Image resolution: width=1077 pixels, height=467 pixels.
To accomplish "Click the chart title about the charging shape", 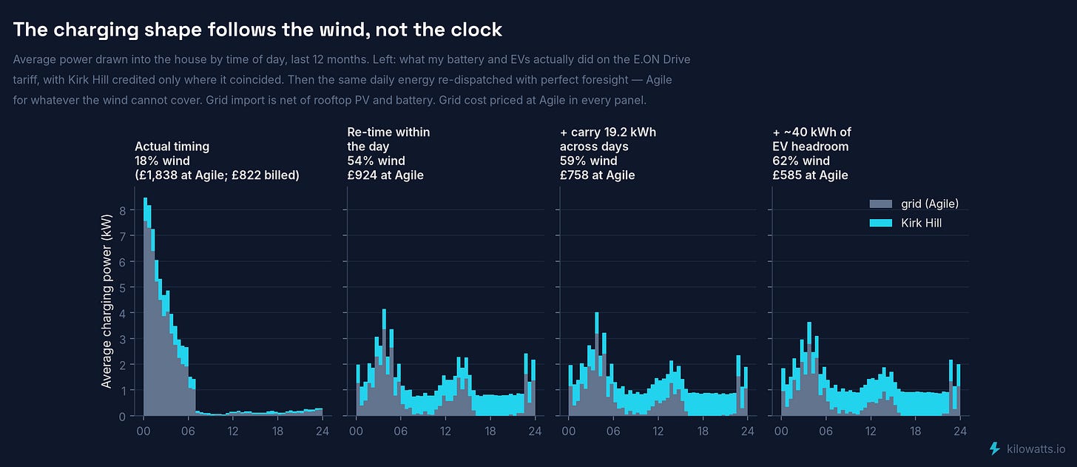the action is (257, 30).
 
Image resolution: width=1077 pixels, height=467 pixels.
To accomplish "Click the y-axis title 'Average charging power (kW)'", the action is (107, 301).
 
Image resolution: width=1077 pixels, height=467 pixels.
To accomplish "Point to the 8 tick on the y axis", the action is (123, 210).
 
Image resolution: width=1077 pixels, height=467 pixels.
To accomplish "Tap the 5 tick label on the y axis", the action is (123, 288).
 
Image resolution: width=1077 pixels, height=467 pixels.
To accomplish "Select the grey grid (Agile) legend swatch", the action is (881, 204).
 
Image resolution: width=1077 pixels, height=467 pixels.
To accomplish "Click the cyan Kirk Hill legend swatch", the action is (881, 224).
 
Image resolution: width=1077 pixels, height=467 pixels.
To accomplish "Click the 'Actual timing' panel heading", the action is (172, 147).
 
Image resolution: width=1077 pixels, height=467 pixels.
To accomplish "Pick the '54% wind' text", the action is (376, 161).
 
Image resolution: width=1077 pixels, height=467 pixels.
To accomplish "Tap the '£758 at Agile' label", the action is (597, 175).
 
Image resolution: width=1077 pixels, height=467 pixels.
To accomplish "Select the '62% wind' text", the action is (801, 161).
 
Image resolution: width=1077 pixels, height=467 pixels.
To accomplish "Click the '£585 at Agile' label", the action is (810, 175).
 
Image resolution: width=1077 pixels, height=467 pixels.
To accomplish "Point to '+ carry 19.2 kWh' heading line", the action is (608, 132).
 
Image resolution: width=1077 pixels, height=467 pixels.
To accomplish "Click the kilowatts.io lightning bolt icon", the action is (995, 448).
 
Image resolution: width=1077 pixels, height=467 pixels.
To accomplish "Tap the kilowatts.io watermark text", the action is (1036, 449).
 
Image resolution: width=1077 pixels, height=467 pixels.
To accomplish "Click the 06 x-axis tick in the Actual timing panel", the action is (188, 431).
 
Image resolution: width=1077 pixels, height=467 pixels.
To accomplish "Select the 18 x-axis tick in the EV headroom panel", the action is (916, 431).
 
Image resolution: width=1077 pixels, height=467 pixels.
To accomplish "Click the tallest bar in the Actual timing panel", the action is (145, 306).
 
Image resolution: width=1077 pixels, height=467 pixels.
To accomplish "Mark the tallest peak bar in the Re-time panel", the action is (384, 362).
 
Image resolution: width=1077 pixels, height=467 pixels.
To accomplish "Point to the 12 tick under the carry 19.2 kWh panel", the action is (658, 431).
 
